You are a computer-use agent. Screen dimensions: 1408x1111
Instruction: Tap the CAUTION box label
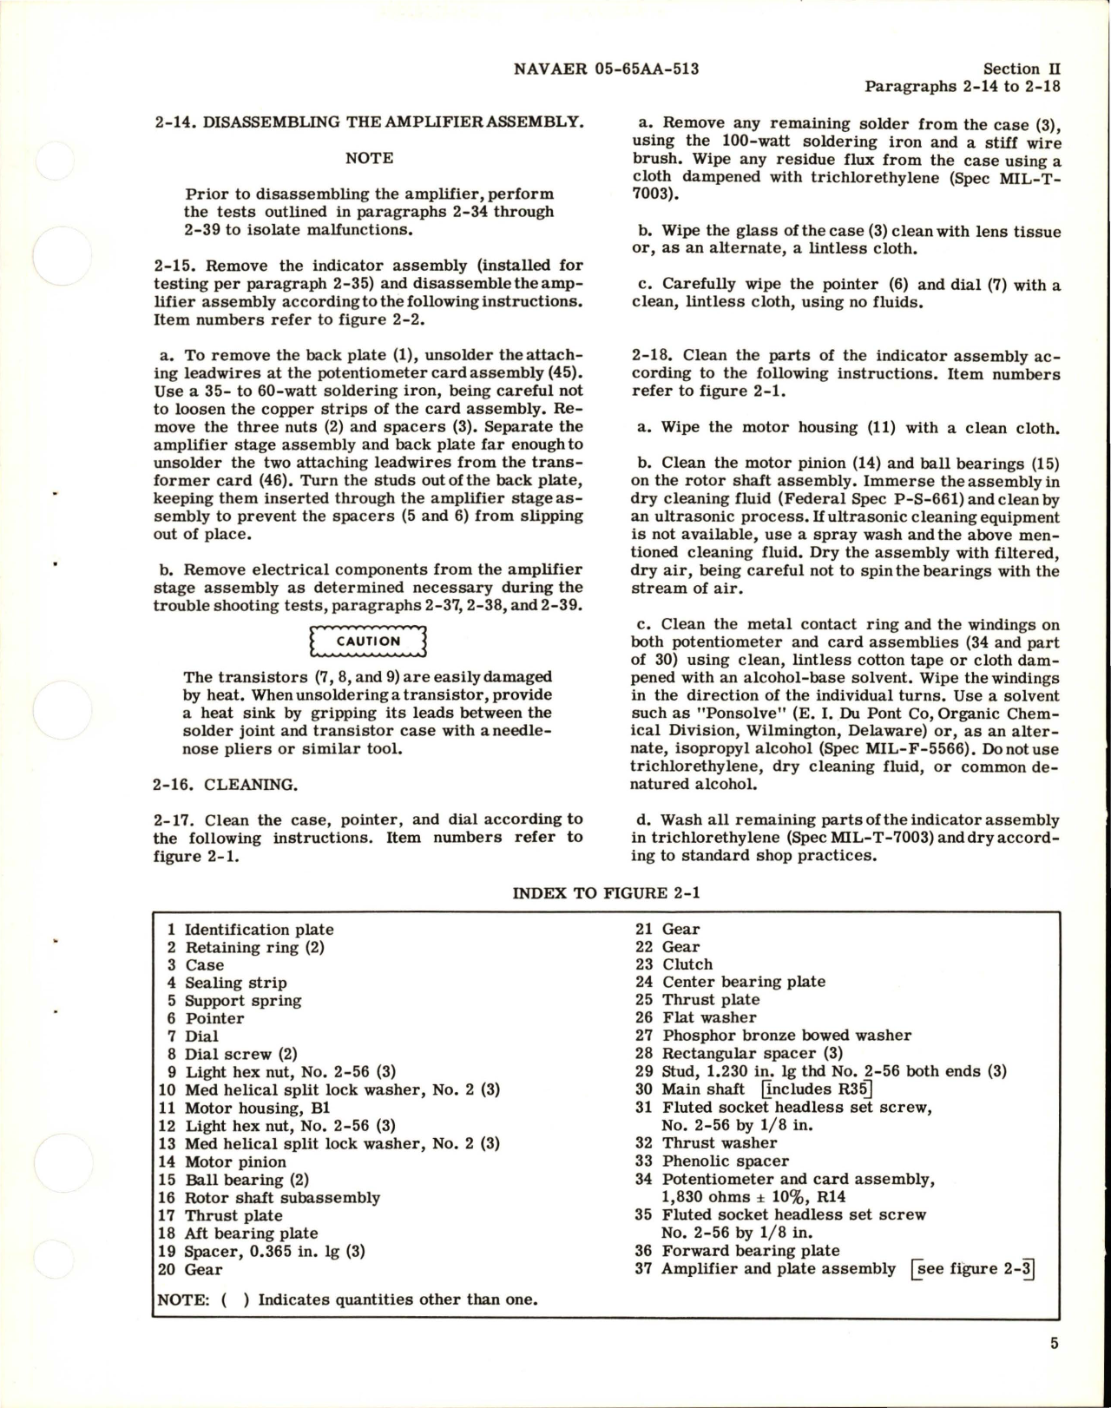coord(369,641)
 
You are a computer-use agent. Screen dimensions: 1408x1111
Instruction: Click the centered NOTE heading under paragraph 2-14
coord(369,158)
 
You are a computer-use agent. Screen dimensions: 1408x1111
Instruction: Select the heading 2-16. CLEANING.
coord(226,785)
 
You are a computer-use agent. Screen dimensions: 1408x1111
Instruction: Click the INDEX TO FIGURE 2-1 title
coord(606,893)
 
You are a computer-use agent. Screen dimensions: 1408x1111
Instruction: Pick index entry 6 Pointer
coord(207,1018)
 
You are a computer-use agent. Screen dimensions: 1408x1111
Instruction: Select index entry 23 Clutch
coord(674,964)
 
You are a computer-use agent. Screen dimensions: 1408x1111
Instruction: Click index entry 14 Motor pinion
coord(223,1161)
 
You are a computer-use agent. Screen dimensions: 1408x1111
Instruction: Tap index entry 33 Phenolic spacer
coord(713,1161)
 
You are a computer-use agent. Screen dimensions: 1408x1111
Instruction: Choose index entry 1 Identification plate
coord(250,930)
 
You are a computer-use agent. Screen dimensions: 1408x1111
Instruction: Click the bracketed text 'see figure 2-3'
coord(972,1269)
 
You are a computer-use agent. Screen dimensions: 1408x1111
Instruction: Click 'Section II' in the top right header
coord(1022,69)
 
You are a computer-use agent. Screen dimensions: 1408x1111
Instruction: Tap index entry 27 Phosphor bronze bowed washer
coord(773,1036)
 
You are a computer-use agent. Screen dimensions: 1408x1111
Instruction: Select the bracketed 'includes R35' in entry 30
coord(817,1089)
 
